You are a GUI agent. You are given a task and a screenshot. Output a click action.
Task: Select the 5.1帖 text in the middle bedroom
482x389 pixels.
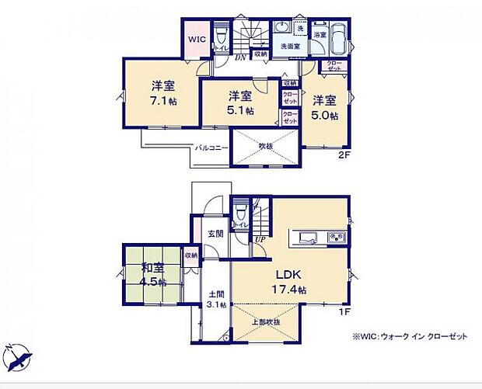[x=240, y=110]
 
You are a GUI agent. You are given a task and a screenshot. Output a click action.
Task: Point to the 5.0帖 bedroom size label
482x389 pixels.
[x=325, y=115]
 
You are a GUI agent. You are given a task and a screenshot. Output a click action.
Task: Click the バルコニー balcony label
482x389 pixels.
[x=211, y=146]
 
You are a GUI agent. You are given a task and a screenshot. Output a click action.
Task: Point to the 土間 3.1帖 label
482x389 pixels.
[x=217, y=299]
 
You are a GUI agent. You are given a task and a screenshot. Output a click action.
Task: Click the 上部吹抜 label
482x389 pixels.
[x=267, y=321]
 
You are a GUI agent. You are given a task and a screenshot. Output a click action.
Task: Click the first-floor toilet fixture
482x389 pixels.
[x=241, y=211]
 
